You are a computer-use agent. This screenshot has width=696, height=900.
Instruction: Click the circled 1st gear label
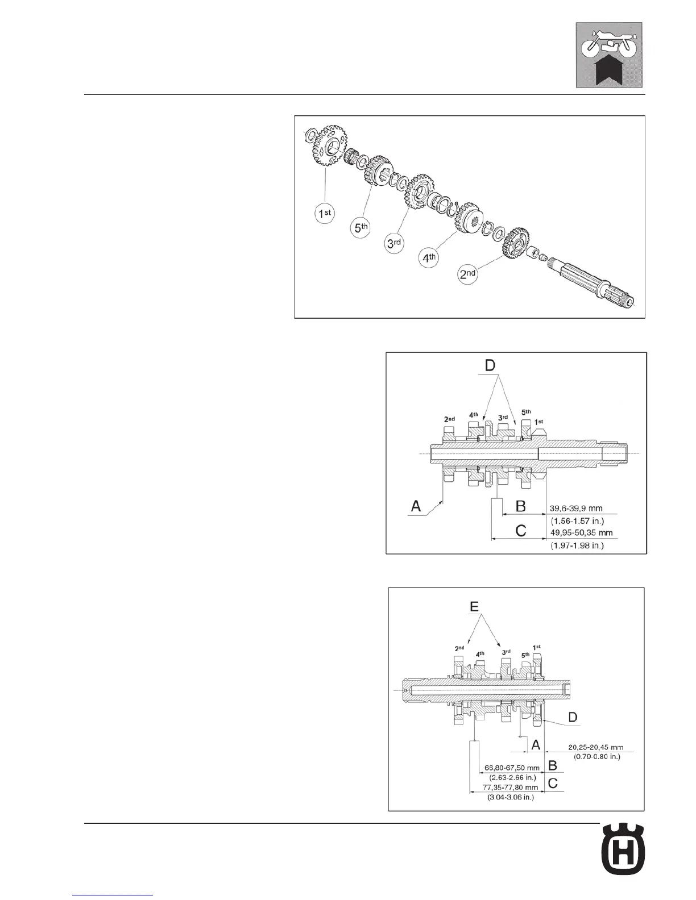point(325,214)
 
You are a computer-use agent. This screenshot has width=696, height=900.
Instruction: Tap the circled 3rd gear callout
point(395,243)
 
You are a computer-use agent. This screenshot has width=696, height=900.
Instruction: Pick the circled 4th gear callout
point(429,258)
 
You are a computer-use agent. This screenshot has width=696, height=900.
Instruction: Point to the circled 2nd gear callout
point(468,274)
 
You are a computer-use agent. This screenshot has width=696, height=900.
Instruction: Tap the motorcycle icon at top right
point(609,55)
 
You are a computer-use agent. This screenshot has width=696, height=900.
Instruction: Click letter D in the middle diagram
point(491,365)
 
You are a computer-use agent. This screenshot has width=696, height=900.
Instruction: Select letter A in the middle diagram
point(416,505)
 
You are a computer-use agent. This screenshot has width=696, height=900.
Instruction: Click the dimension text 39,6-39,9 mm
point(575,509)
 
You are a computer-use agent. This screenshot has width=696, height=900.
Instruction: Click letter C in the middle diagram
point(520,531)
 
